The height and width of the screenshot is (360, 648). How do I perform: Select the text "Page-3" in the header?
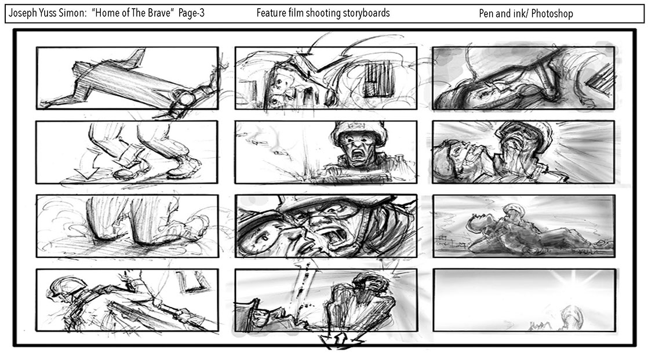pyautogui.click(x=191, y=13)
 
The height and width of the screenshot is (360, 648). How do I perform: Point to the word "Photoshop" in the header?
pyautogui.click(x=552, y=14)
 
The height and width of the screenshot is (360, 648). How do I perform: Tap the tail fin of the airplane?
pyautogui.click(x=136, y=58)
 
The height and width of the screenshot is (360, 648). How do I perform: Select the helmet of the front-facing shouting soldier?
pyautogui.click(x=359, y=132)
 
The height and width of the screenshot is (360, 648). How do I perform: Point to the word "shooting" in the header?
pyautogui.click(x=322, y=13)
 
